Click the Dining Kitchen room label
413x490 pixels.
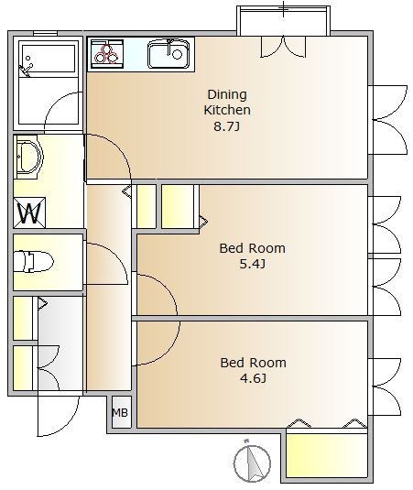(x=227, y=103)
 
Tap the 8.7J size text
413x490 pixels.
(x=227, y=126)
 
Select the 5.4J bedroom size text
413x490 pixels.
(x=253, y=264)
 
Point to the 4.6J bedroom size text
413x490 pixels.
(x=253, y=378)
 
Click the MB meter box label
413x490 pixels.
(x=120, y=413)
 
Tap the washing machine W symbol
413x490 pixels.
(x=29, y=212)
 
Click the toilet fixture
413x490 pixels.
(x=33, y=261)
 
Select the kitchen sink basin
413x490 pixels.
(x=168, y=54)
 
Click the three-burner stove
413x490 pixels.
(x=107, y=54)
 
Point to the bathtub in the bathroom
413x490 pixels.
(x=49, y=60)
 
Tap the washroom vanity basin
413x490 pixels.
(x=28, y=157)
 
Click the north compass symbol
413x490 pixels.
(x=252, y=463)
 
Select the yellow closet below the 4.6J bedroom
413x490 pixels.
(x=327, y=455)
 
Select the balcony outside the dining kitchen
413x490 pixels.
(x=283, y=21)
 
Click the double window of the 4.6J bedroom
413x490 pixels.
(x=387, y=387)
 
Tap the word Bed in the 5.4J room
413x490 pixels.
(x=232, y=248)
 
